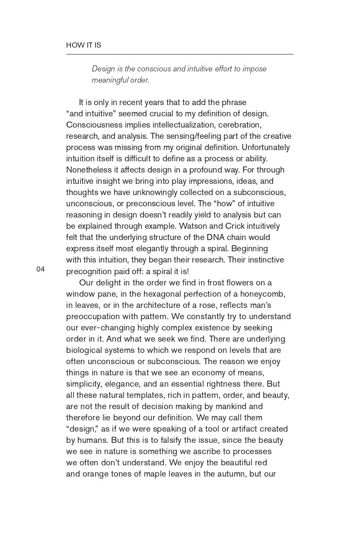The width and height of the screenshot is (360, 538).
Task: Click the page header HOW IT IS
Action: click(x=83, y=45)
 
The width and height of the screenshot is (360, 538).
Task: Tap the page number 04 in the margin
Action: click(x=40, y=269)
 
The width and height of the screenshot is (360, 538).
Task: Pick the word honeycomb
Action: click(x=264, y=294)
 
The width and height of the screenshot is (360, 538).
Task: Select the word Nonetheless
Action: click(x=87, y=170)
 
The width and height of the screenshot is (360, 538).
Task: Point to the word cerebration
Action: click(x=239, y=125)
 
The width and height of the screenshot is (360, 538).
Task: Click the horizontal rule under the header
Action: click(x=179, y=54)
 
